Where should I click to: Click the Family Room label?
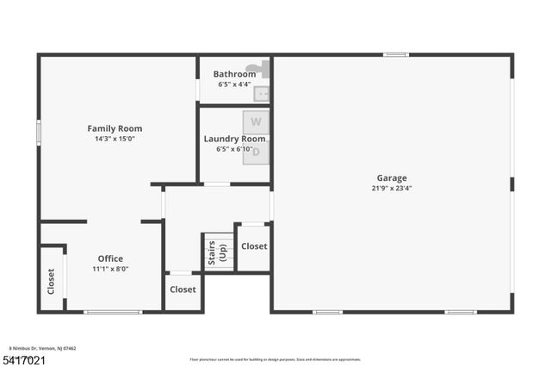coord(115,128)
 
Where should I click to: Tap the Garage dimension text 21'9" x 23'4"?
coord(392,188)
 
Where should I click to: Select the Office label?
coord(110,258)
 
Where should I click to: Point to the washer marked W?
coord(256,122)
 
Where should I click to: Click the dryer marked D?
coord(256,153)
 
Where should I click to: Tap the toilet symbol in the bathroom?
coord(256,67)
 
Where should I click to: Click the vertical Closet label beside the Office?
coord(51,282)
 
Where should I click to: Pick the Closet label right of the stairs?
coord(254,246)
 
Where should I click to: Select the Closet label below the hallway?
coord(183,289)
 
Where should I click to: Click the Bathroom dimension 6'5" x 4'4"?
coord(234,84)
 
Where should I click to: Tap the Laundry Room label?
coord(234,139)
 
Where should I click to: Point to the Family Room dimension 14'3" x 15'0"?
coord(115,139)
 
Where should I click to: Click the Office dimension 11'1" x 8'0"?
coord(110,269)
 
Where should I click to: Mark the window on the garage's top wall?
coord(395,55)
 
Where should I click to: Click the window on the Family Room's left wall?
coord(39,134)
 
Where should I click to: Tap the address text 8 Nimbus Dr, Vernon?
coord(43,348)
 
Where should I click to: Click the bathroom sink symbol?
coord(263,91)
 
